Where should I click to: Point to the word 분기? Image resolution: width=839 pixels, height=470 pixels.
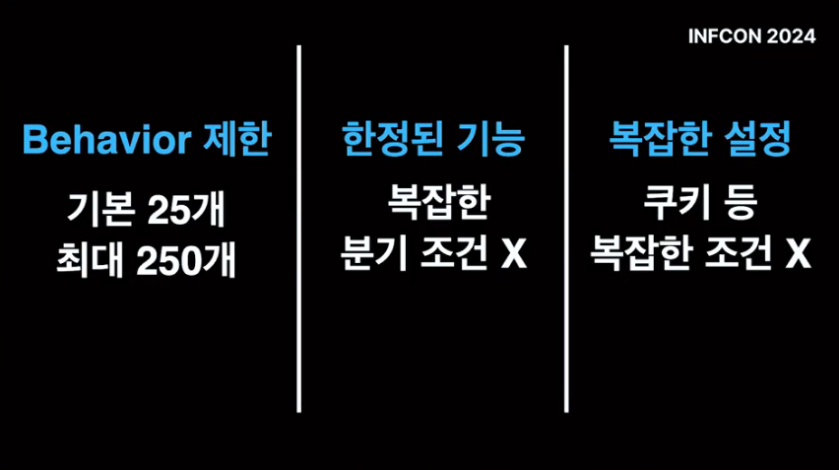[368, 255]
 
